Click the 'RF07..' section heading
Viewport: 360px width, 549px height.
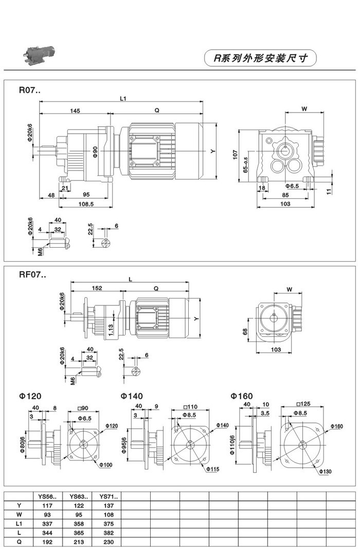(x=32, y=275)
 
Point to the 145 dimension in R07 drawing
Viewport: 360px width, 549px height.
(x=75, y=111)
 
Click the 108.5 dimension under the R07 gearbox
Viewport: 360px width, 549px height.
(x=86, y=204)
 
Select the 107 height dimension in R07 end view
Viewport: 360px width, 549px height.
(x=234, y=153)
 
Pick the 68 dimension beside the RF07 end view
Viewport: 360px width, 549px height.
(x=245, y=332)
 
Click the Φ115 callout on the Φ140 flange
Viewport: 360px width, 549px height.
(x=213, y=469)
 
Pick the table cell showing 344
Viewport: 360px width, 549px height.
(x=47, y=532)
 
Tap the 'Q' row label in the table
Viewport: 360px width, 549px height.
(x=19, y=541)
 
